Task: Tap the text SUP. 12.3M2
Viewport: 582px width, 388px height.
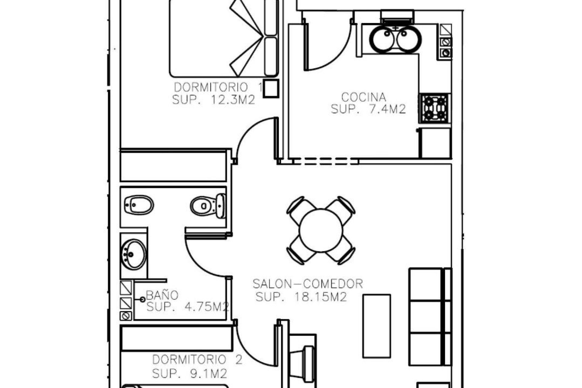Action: point(213,100)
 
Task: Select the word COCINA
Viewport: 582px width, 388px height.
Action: point(364,97)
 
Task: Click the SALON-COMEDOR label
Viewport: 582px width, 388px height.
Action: point(308,284)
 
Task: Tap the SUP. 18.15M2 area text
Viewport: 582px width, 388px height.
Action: point(301,297)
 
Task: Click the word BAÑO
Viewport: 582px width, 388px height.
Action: point(162,295)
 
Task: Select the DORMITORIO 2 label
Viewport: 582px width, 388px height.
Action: point(197,360)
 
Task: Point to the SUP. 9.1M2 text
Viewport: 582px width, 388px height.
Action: point(189,373)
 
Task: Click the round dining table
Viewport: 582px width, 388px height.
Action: point(321,230)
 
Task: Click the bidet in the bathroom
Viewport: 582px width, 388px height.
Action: point(139,205)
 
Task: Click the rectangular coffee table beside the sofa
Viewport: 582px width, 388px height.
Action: point(377,326)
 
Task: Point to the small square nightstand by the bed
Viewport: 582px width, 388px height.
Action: point(270,88)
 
